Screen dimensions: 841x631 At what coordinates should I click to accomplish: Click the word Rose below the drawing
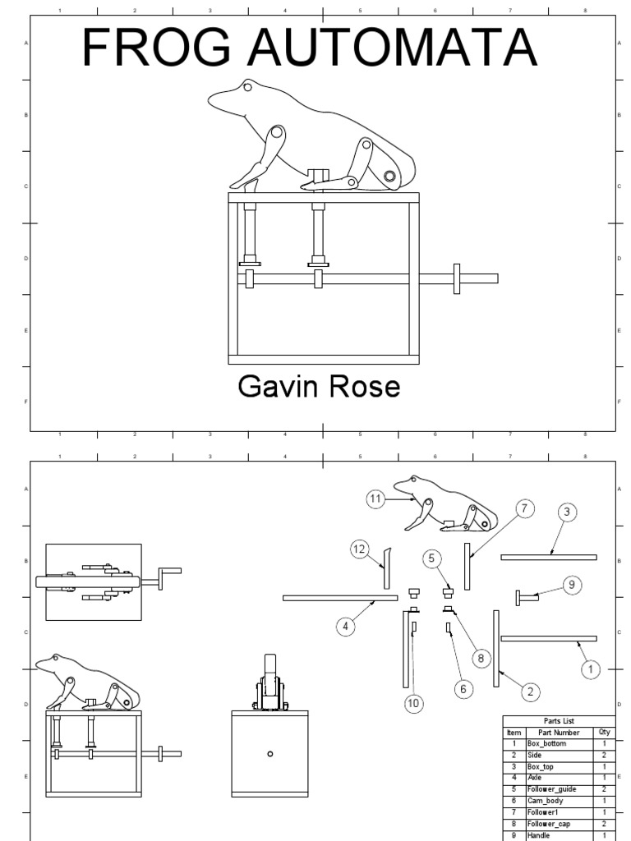tap(364, 387)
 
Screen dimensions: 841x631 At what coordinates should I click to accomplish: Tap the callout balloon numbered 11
tap(376, 498)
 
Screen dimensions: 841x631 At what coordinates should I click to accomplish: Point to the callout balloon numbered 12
tap(359, 550)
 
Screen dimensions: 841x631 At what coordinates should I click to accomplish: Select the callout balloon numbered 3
tap(566, 513)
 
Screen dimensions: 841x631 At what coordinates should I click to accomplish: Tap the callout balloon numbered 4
tap(346, 626)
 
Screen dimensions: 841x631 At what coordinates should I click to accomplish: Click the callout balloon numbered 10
tap(413, 702)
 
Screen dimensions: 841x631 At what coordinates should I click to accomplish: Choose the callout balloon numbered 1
tap(589, 670)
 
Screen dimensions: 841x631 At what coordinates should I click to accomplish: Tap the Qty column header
tap(605, 732)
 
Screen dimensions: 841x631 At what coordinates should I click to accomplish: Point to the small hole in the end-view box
tap(270, 753)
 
